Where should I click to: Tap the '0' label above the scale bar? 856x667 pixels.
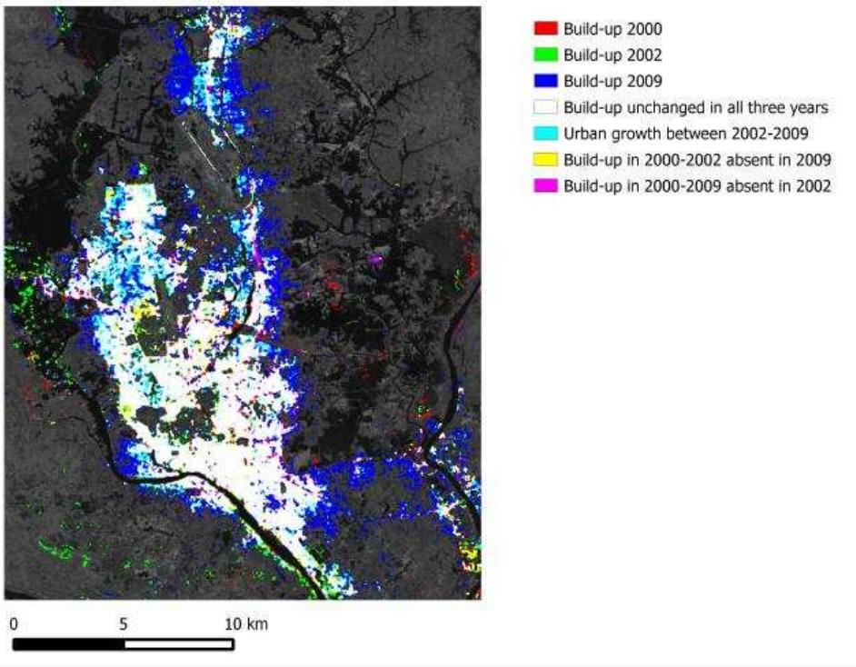pyautogui.click(x=15, y=624)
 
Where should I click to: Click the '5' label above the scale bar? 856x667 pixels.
pyautogui.click(x=124, y=624)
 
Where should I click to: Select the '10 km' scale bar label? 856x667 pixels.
pyautogui.click(x=246, y=624)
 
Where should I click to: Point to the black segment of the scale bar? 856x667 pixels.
pyautogui.click(x=69, y=644)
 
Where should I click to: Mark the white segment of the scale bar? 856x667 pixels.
pyautogui.click(x=178, y=644)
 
